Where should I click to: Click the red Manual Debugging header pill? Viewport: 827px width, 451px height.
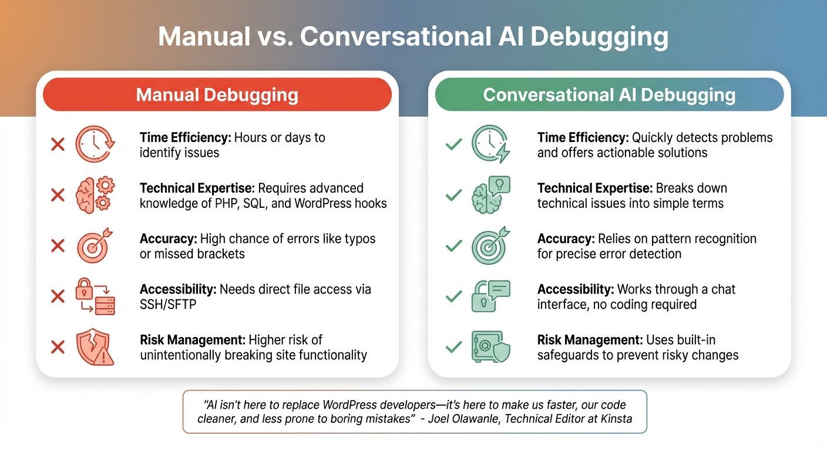coord(217,95)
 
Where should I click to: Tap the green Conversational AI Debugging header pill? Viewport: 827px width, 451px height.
coord(609,95)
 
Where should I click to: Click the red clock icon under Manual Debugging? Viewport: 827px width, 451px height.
coord(95,144)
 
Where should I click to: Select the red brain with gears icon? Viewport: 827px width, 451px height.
coord(95,194)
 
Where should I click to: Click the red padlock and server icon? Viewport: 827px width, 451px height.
coord(95,296)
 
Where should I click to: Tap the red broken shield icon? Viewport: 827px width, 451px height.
coord(95,346)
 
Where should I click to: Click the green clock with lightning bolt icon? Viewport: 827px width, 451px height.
coord(491,144)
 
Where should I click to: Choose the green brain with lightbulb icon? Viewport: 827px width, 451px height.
coord(491,194)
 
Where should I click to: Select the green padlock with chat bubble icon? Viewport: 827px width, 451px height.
coord(491,296)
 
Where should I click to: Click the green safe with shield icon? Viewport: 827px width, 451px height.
coord(491,346)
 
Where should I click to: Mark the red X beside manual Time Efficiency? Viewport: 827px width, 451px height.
coord(58,144)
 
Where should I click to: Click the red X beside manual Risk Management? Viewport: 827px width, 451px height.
coord(58,347)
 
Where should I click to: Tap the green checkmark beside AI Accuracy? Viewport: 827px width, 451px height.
coord(453,245)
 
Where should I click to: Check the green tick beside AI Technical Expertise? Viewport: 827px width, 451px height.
coord(453,195)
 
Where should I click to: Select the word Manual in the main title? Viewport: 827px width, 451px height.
coord(204,37)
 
